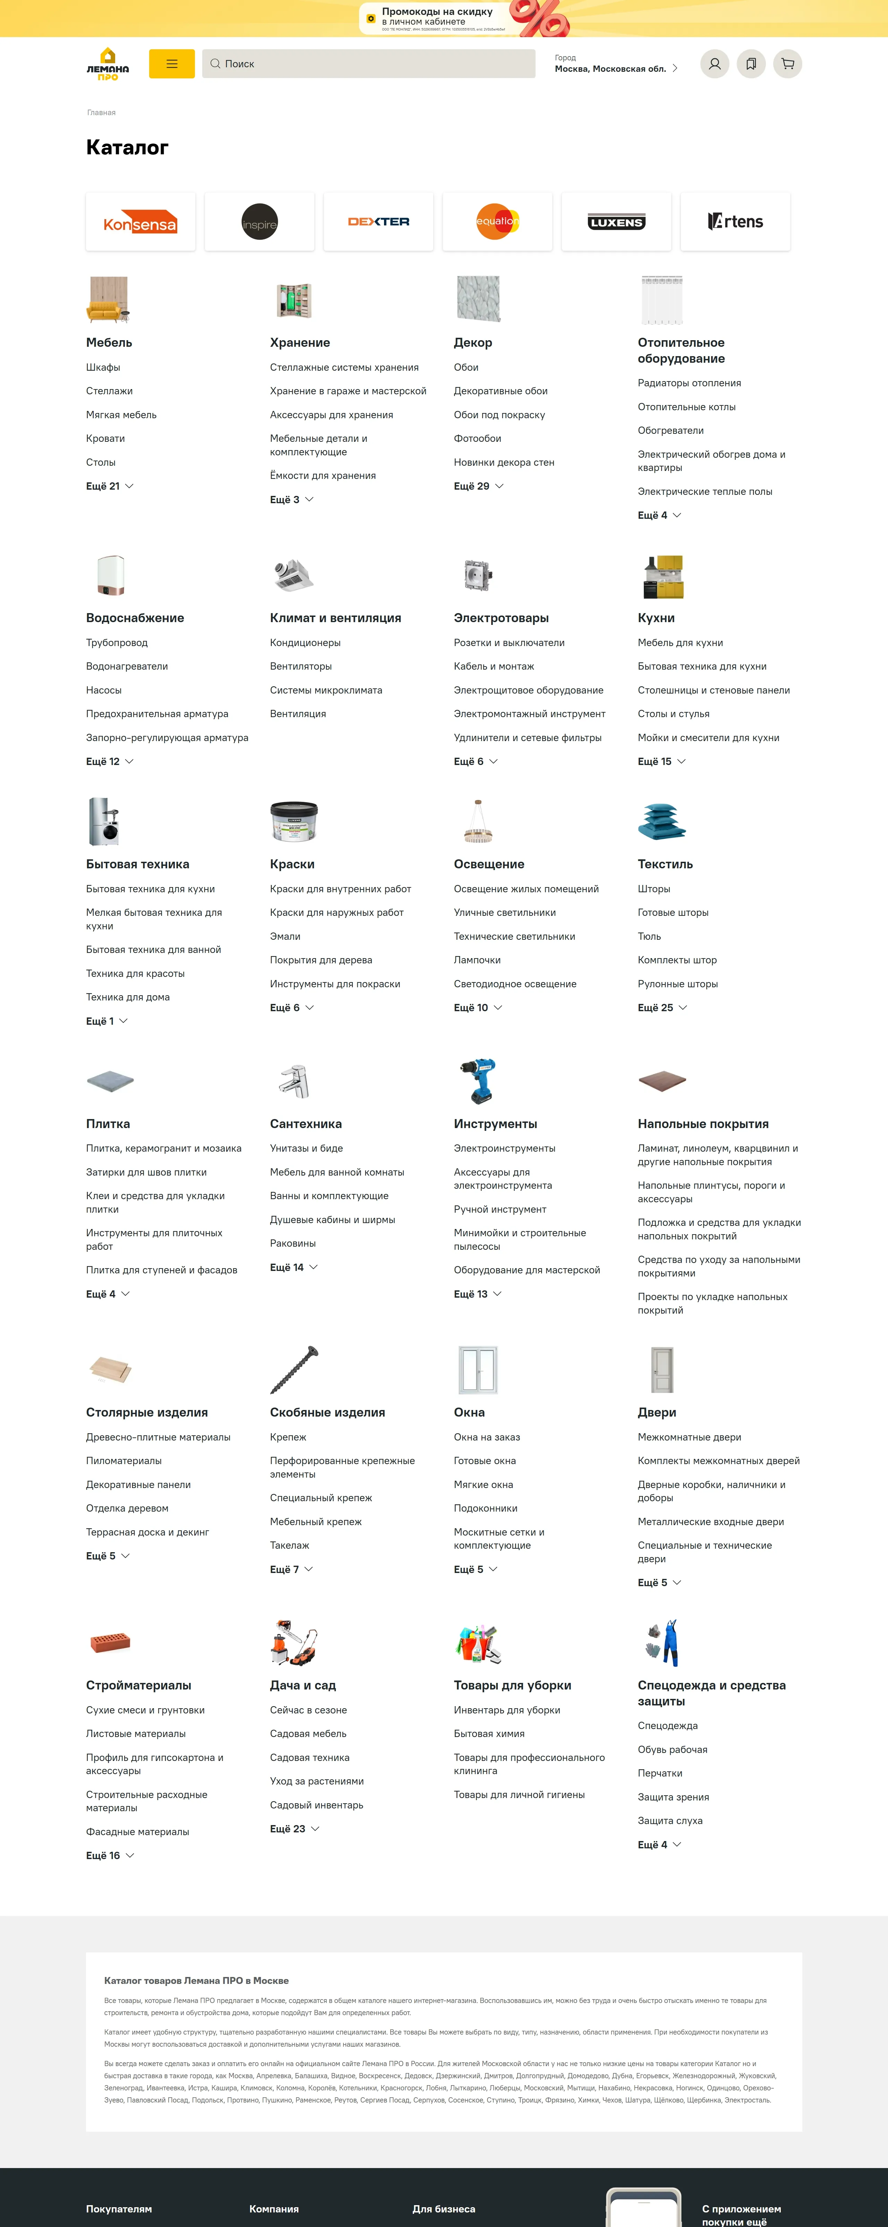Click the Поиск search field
point(369,64)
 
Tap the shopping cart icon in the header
point(787,64)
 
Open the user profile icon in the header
point(714,64)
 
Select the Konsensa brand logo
point(140,222)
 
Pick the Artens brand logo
point(735,222)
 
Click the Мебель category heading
point(109,342)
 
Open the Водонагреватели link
point(127,667)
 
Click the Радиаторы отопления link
point(689,383)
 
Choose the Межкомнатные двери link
point(689,1437)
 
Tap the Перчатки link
point(660,1773)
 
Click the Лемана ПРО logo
point(108,64)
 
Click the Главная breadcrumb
point(101,112)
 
